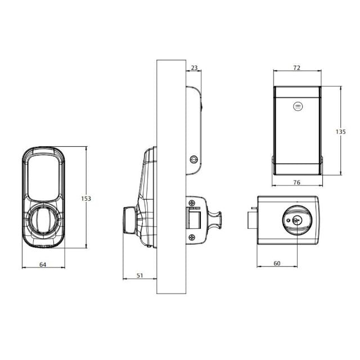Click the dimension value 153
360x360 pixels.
85,199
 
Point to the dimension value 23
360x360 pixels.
195,68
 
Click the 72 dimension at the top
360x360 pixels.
296,68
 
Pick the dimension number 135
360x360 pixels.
340,132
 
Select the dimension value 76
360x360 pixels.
296,182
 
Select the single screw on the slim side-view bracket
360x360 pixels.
195,160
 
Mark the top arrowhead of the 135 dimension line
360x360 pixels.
340,88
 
